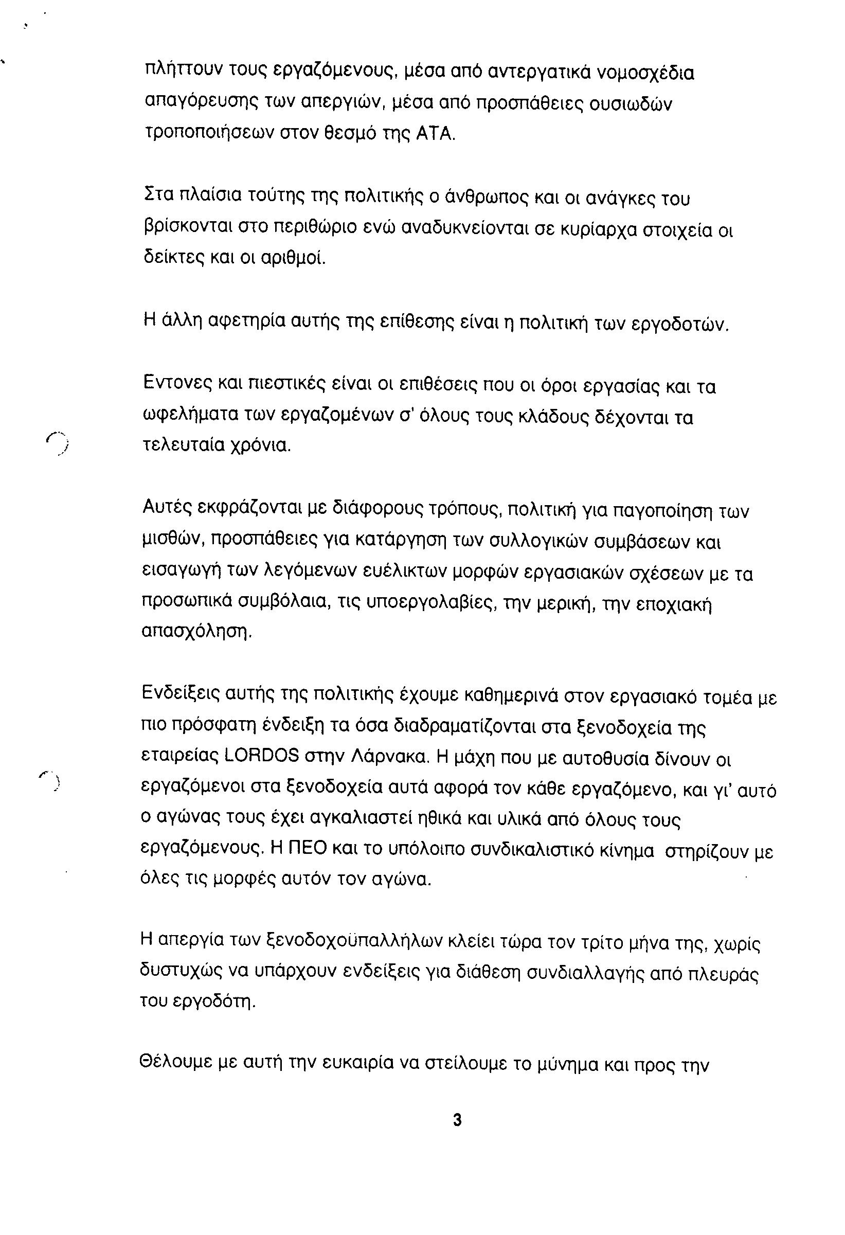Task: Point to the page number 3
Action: point(457,1120)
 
